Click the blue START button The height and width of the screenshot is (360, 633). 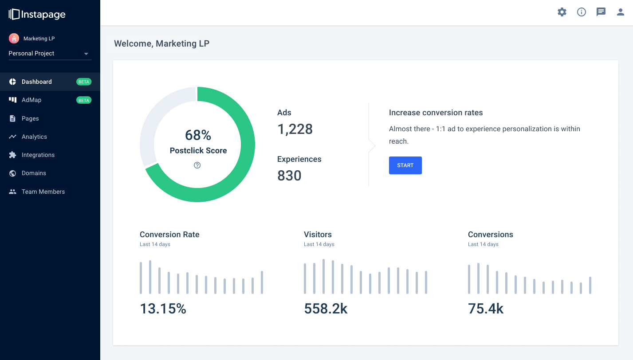pos(405,165)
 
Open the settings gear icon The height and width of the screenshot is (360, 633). pos(562,12)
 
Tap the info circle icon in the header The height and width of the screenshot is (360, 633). pos(582,12)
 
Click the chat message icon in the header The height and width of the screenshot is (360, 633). pos(601,12)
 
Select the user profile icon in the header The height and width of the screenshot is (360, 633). pos(621,12)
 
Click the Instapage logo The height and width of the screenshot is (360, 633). pos(37,14)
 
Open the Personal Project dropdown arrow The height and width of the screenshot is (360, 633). pos(86,54)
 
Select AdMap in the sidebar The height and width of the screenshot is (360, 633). pos(31,100)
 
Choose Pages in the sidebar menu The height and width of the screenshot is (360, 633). pos(30,118)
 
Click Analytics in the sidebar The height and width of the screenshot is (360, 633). pos(34,137)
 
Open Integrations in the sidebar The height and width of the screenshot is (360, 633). pos(38,155)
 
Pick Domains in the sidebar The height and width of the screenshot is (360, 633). pos(34,173)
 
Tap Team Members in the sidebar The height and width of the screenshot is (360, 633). pos(43,192)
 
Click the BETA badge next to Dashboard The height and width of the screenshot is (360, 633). pos(84,82)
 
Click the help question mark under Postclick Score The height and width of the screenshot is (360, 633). pos(197,165)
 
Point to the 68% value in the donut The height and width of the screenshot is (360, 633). pos(198,135)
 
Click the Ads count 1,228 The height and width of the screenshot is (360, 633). pos(295,129)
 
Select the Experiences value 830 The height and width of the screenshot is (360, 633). pos(289,176)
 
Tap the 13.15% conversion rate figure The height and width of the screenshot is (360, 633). pos(163,309)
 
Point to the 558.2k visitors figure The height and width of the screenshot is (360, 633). pos(326,309)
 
